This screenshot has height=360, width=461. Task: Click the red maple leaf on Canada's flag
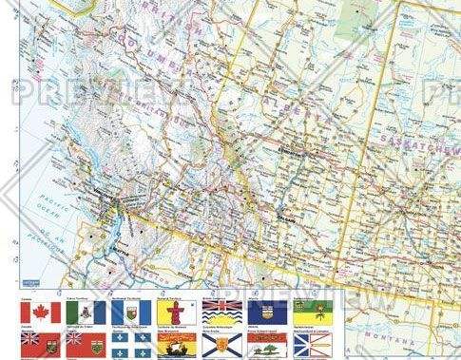(x=41, y=313)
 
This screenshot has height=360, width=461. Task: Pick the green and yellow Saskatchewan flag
(x=315, y=313)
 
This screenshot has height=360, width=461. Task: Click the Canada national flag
(x=41, y=313)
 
